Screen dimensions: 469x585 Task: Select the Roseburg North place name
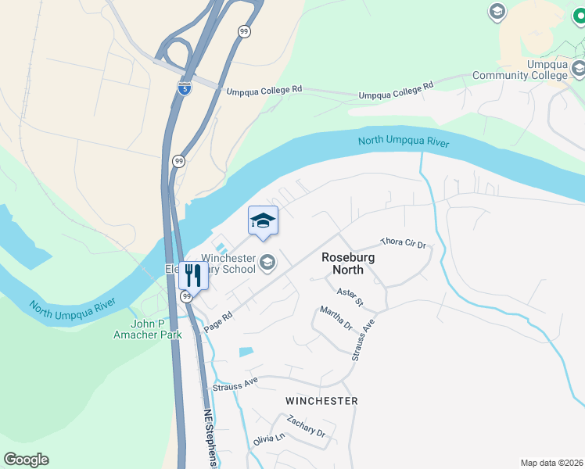coord(347,263)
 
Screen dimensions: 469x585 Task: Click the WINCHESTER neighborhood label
coord(321,401)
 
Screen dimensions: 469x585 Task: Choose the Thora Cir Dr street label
coord(403,243)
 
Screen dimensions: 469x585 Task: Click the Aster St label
coord(350,297)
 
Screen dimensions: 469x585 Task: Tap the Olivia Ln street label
coord(268,440)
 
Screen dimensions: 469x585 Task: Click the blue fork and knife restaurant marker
coord(192,275)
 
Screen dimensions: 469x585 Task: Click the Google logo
coord(26,460)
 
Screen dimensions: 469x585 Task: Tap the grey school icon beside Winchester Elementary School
coord(267,263)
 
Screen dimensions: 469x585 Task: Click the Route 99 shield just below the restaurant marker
coord(187,297)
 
